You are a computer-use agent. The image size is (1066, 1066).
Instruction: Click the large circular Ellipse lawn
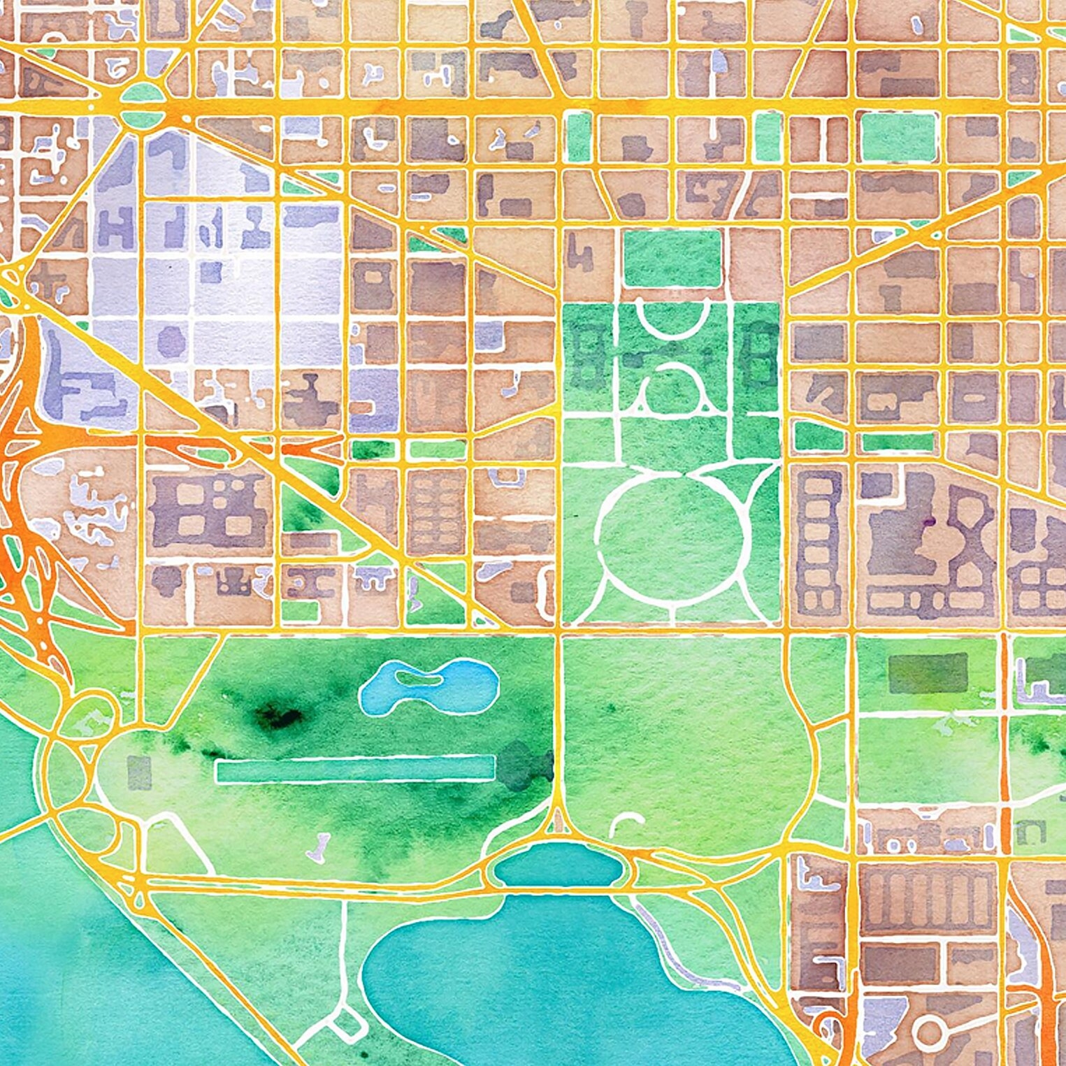click(670, 534)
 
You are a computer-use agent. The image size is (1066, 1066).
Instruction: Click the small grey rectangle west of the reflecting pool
click(139, 772)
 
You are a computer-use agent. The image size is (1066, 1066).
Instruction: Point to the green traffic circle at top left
click(142, 93)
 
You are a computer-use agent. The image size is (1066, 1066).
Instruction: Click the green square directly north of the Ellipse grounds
click(672, 257)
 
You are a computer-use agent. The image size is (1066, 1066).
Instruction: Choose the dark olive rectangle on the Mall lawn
click(928, 672)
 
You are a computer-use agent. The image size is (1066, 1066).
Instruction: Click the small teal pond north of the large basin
click(558, 865)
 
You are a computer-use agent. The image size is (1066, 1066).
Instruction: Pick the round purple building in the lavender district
click(171, 341)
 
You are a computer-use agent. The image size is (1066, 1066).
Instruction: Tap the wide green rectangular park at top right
click(898, 137)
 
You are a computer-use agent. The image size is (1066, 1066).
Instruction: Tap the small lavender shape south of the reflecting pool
click(320, 847)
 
